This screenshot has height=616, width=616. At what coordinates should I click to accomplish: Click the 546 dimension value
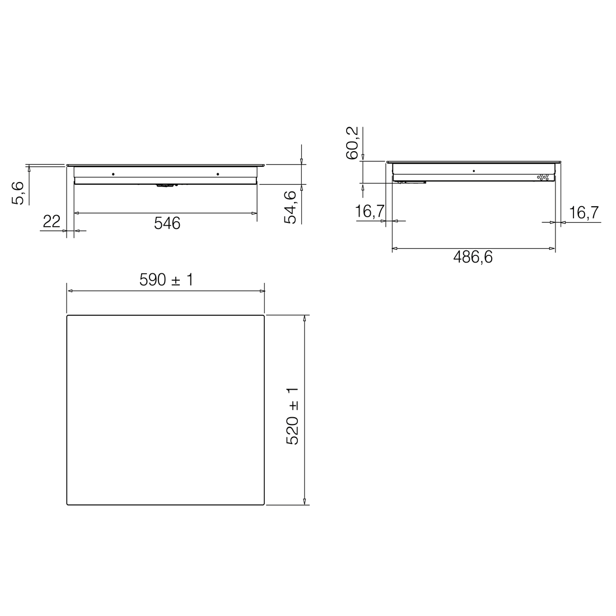(167, 223)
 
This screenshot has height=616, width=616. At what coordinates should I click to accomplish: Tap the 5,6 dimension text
(18, 194)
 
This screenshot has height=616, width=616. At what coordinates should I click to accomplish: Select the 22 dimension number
(52, 222)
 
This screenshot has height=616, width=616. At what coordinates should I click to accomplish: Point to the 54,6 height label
(291, 207)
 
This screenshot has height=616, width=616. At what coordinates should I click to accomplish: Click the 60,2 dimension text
(352, 143)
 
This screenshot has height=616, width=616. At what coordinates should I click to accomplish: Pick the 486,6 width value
(473, 258)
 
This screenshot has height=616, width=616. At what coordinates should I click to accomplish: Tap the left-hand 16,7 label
(370, 212)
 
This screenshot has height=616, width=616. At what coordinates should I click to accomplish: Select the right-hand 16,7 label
(584, 213)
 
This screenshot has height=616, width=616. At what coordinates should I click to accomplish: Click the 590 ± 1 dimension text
(166, 280)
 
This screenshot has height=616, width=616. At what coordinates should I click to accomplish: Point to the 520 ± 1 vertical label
(293, 416)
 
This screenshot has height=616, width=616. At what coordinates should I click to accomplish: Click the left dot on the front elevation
(113, 174)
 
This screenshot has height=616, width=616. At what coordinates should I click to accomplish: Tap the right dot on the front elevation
(217, 174)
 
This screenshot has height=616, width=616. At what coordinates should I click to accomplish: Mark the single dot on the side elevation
(474, 170)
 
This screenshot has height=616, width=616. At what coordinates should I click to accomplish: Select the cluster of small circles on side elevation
(543, 177)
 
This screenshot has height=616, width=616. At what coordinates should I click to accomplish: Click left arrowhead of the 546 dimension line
(77, 213)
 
